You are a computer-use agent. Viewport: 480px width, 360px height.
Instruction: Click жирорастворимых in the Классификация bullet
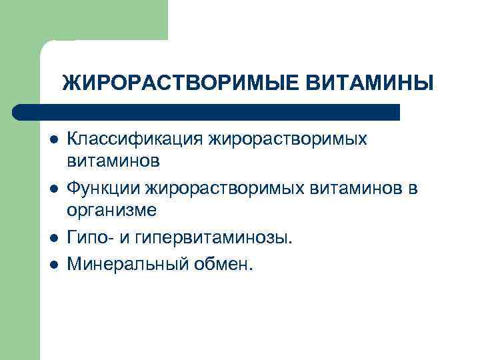(289, 140)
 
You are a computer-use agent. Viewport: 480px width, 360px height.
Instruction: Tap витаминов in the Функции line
(355, 189)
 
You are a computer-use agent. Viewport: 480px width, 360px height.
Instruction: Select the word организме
(112, 210)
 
